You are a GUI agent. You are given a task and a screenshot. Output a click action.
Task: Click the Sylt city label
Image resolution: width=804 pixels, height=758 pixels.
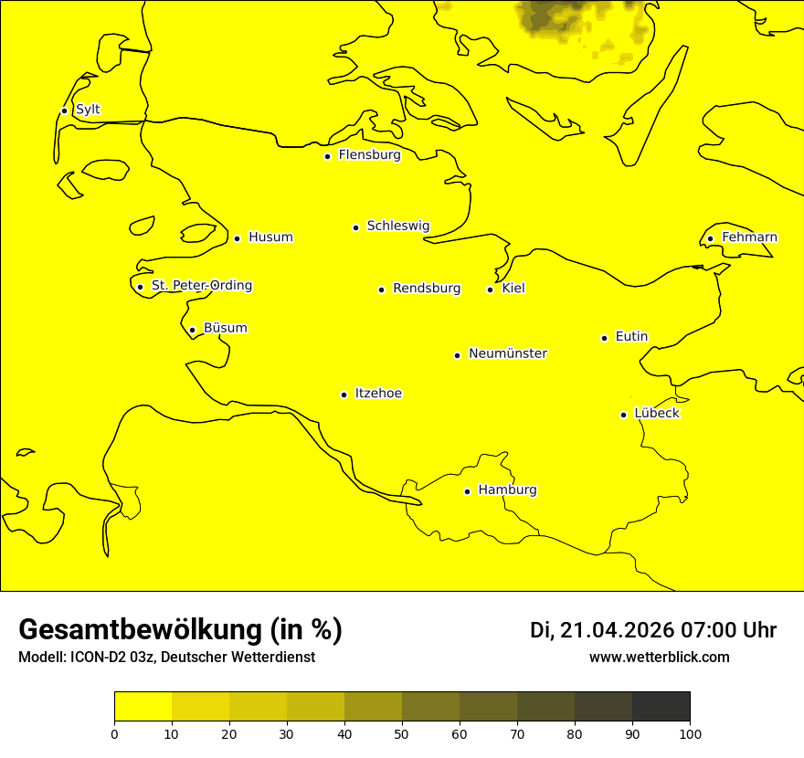pos(88,110)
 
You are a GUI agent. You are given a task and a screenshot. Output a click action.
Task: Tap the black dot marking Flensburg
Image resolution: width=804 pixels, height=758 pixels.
pos(327,156)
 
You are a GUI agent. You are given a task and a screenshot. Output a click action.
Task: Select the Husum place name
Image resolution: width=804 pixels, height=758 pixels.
pos(270,237)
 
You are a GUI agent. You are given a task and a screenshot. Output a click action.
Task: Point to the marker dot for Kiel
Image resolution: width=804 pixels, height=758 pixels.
pos(490,290)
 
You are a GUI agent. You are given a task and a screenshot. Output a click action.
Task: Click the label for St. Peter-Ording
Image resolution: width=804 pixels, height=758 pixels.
pos(201,286)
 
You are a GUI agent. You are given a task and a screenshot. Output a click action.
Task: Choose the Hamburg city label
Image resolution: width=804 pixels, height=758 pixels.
pos(507,490)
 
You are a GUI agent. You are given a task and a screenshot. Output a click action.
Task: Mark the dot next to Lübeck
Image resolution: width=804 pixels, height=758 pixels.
pos(624,415)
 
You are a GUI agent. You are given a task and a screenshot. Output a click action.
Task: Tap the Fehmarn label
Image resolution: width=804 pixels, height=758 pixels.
pos(749,237)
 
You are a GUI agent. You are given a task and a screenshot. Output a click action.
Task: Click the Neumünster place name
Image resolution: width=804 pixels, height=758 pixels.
pos(508,353)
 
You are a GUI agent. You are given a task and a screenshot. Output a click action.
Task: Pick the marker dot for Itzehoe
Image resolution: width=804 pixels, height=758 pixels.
pos(344,395)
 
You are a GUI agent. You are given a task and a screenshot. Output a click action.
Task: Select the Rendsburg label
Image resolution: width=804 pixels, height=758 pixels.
pos(427,289)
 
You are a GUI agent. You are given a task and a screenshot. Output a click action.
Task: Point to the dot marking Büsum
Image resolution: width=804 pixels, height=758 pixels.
pos(192,330)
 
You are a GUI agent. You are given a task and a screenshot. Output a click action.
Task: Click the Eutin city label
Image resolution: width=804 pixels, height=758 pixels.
pos(631,337)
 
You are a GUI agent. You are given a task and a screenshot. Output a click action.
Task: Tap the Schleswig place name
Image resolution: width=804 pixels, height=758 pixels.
pos(397,226)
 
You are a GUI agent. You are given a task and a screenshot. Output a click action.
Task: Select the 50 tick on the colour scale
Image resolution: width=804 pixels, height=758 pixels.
pos(402,733)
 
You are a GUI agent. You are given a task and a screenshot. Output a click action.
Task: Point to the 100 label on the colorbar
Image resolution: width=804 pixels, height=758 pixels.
pos(690,733)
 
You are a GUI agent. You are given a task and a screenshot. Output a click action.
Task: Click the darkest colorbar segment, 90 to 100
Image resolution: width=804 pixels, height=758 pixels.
pos(661,706)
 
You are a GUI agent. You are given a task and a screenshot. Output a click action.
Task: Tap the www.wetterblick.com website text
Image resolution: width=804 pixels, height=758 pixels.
pos(660,658)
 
